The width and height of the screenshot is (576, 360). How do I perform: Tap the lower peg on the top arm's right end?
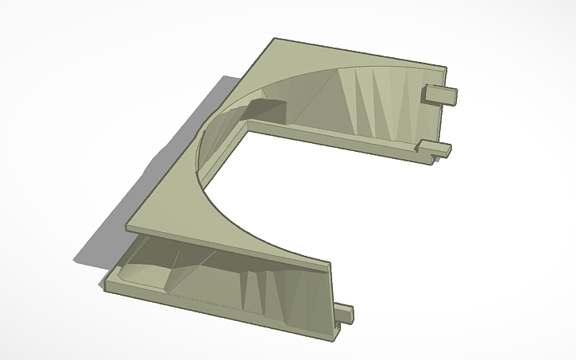pos(434,147)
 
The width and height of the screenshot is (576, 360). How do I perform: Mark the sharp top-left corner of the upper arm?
pos(274,39)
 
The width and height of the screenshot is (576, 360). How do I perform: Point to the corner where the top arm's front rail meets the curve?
pos(248,125)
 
